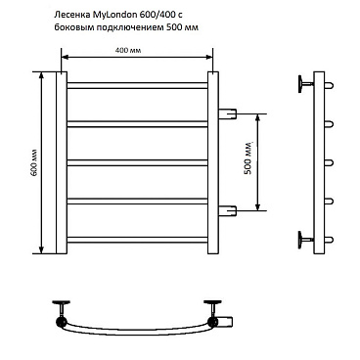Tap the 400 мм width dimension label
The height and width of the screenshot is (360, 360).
pyautogui.click(x=128, y=51)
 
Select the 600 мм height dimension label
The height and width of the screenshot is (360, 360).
pyautogui.click(x=34, y=162)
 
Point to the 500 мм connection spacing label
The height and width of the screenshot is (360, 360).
pyautogui.click(x=248, y=157)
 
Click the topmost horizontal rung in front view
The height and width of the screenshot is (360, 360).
pyautogui.click(x=137, y=85)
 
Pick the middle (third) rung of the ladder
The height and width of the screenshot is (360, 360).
pyautogui.click(x=137, y=162)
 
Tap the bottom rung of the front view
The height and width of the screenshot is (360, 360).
pyautogui.click(x=137, y=240)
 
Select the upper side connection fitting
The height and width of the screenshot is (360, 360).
pyautogui.click(x=227, y=113)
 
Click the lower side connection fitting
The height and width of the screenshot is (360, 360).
pyautogui.click(x=227, y=210)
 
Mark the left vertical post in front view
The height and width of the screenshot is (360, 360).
pyautogui.click(x=62, y=162)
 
